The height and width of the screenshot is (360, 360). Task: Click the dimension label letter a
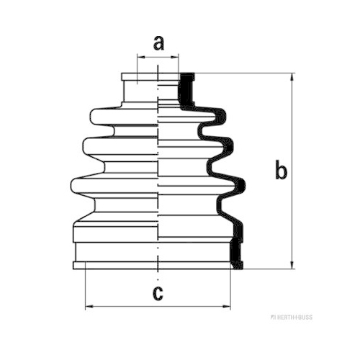coord(158,43)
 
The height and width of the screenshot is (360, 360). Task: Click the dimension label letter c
coord(158,293)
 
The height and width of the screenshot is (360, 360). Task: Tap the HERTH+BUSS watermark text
coord(292,318)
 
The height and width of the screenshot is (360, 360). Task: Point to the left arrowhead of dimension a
coord(141,57)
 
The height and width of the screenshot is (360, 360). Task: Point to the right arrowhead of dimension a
coord(175,57)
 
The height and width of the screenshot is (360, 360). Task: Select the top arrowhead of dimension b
coord(292,77)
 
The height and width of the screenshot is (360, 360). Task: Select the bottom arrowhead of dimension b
coord(292,265)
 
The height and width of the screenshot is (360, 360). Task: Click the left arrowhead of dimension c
coord(89,306)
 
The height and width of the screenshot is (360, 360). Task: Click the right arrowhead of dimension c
coord(227,306)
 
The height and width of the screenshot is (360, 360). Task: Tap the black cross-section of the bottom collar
coord(236,253)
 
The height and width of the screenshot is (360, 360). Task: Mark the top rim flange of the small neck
coord(139,76)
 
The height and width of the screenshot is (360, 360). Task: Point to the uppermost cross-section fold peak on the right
coord(221,117)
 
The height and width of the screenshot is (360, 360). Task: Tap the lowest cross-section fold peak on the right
coord(240,186)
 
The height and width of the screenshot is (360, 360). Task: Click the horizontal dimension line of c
coord(158,306)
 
